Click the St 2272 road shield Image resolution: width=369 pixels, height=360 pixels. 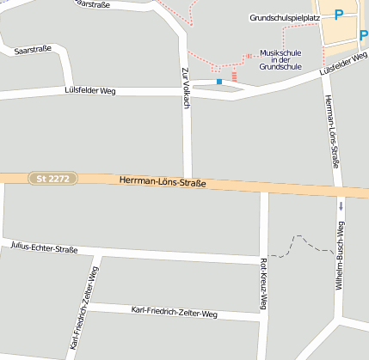pos(53,179)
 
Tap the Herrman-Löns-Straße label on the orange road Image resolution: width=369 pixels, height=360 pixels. pos(163,182)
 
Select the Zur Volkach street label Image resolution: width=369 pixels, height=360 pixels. pos(185,86)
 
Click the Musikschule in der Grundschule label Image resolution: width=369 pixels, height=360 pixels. pos(280,58)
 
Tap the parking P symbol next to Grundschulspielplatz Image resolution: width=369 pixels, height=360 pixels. pos(339,15)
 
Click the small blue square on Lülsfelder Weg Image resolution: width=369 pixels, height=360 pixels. pos(219,82)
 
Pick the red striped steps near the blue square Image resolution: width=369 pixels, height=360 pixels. pos(233,77)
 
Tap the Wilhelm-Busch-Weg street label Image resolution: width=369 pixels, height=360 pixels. pos(341,254)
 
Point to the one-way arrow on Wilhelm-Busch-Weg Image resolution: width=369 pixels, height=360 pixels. pos(341,206)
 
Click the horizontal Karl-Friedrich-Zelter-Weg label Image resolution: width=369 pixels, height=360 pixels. pos(175,311)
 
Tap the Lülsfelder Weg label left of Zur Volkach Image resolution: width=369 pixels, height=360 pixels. pos(89,90)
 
